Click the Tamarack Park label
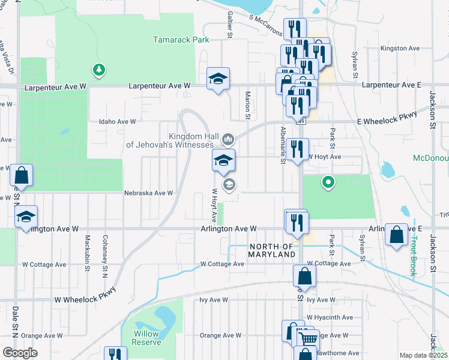[180, 40]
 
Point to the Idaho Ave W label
[118, 121]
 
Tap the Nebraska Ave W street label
[148, 193]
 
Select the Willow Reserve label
[147, 338]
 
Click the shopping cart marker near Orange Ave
[308, 338]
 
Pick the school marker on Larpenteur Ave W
[218, 79]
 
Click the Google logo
[20, 352]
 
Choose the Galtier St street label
[229, 26]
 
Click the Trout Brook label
[414, 256]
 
